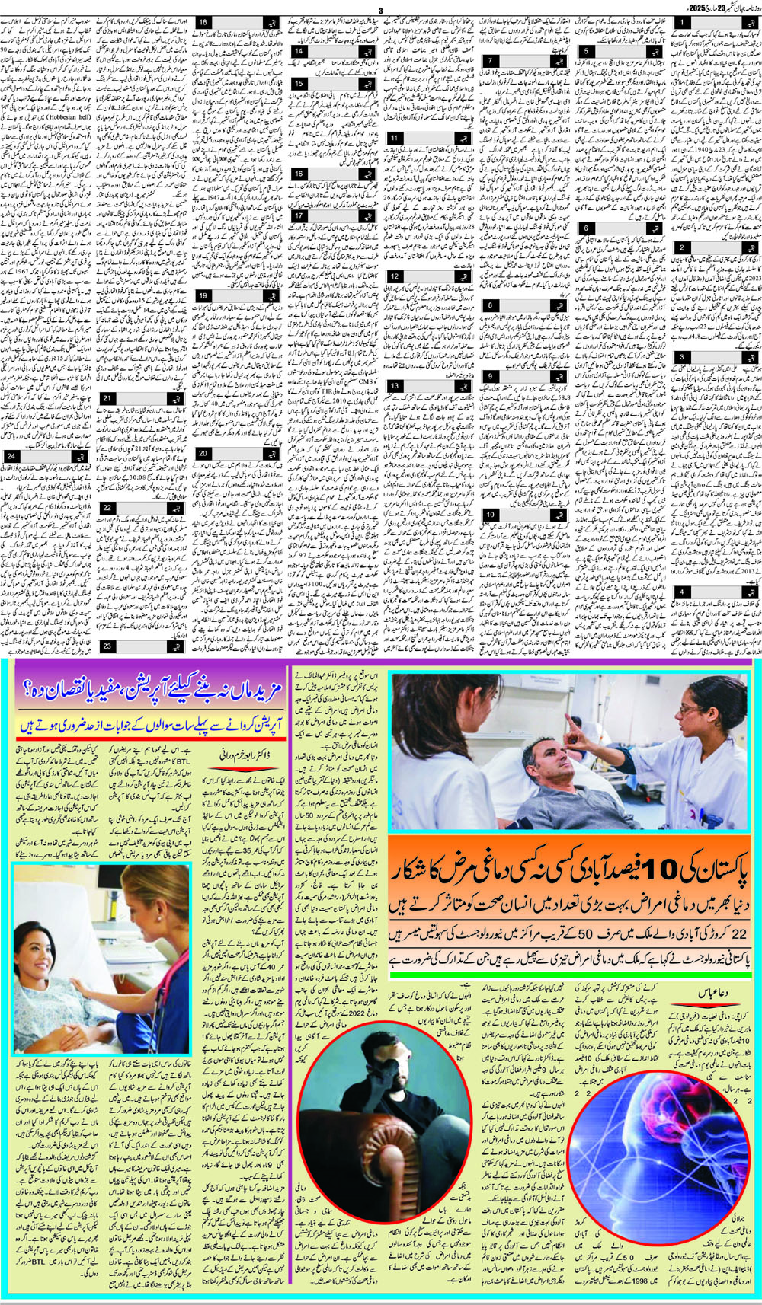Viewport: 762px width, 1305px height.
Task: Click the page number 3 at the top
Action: (379, 10)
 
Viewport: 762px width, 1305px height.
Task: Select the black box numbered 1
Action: (683, 24)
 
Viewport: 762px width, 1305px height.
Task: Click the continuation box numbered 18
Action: (203, 23)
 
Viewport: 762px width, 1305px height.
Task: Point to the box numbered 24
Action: (11, 456)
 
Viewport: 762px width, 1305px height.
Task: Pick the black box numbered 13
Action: (394, 386)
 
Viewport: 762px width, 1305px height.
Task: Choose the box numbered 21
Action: (107, 398)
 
